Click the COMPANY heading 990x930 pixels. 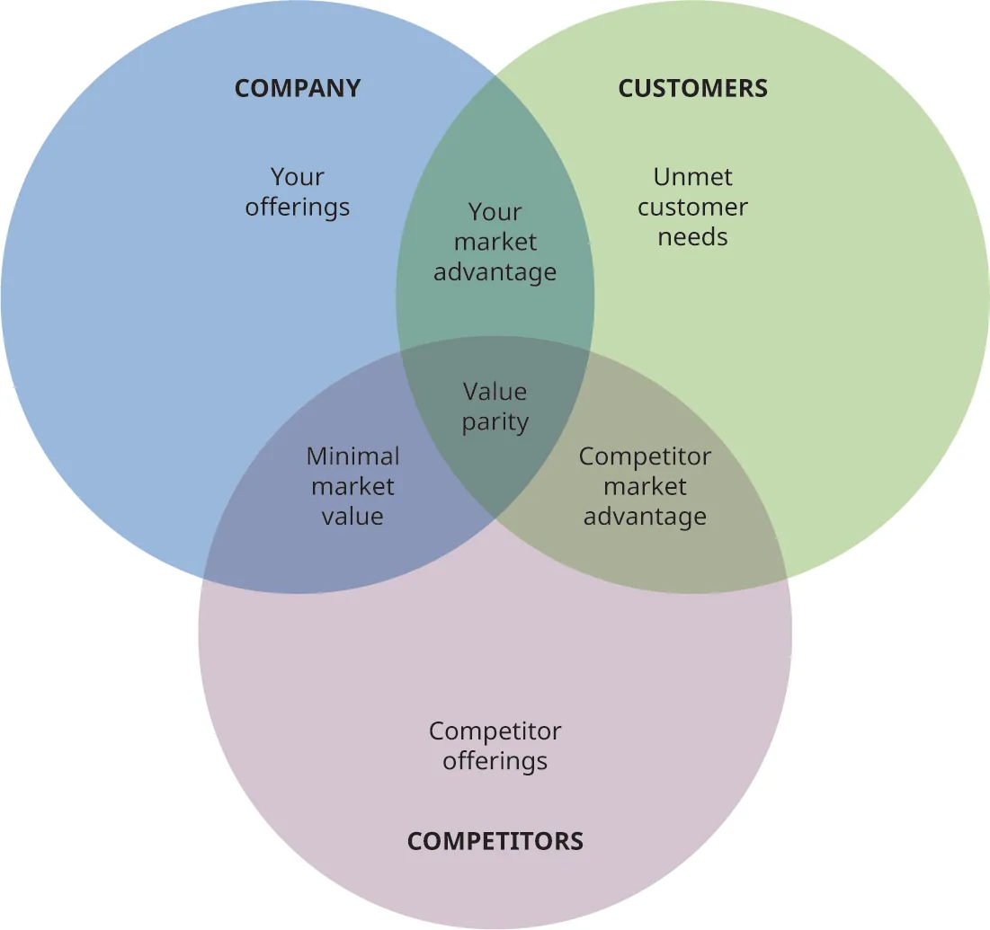298,88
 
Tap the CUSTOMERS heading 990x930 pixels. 692,88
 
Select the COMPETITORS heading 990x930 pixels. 495,841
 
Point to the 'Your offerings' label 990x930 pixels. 298,191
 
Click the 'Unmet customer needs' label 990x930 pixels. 692,207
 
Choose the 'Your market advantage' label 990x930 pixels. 495,242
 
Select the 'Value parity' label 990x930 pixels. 495,406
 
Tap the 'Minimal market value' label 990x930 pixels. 352,486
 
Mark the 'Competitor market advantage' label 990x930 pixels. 645,486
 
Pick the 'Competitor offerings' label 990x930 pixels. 495,746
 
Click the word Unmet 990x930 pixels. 692,177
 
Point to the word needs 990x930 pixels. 692,237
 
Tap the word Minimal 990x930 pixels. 352,456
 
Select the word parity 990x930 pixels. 495,421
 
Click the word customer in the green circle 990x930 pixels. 692,208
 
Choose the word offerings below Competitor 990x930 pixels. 495,761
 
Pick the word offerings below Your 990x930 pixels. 298,207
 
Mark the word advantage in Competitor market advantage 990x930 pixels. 645,517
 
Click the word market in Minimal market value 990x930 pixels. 352,486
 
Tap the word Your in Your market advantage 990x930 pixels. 495,212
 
